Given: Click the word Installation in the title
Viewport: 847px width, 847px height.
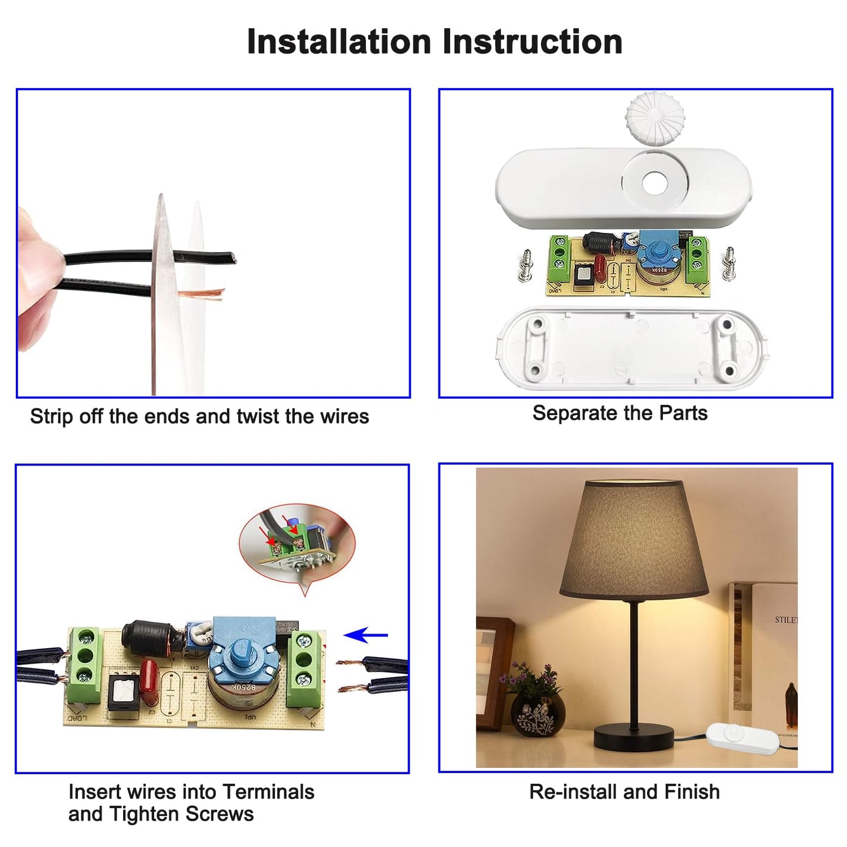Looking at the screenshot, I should (339, 42).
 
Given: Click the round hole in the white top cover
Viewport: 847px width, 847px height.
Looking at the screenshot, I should (655, 183).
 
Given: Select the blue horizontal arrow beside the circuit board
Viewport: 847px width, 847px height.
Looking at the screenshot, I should (366, 635).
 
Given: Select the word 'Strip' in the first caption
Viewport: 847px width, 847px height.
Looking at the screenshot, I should (49, 417).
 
